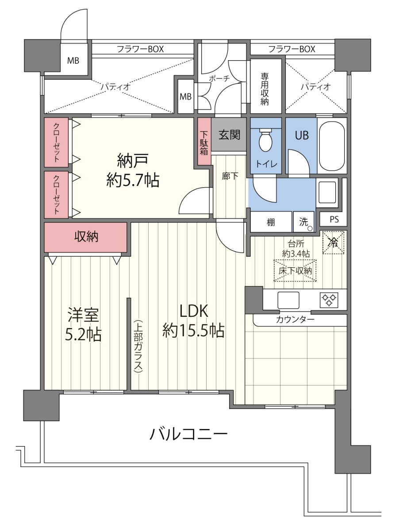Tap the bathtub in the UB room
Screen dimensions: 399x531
coord(332,146)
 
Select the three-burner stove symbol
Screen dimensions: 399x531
coord(329,300)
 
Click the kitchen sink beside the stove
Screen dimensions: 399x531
coord(288,300)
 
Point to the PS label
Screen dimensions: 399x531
coord(334,219)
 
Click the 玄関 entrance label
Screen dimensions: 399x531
coord(229,135)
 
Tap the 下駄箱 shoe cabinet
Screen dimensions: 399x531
coord(204,141)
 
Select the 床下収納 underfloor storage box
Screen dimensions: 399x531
coord(295,270)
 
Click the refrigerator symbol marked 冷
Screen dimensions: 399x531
coord(334,242)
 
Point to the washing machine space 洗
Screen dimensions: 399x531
coord(304,222)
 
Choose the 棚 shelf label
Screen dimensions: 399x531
coord(271,222)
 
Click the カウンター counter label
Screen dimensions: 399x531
coord(295,319)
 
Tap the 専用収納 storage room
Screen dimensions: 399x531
coord(266,86)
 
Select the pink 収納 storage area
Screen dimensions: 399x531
coord(86,237)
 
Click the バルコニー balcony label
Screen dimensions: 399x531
coord(188,434)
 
